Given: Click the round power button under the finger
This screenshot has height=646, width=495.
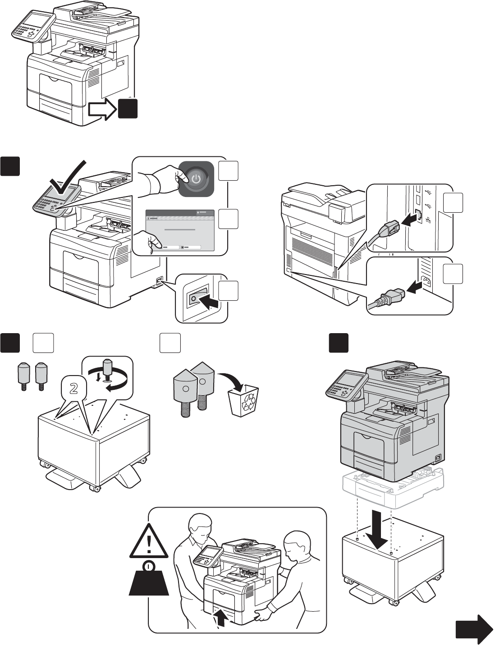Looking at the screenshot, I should tap(195, 179).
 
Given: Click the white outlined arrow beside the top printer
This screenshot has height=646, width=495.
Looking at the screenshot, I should tap(102, 110).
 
